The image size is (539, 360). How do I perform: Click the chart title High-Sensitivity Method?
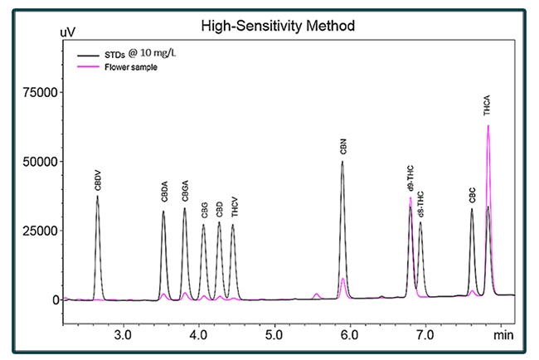click(279, 26)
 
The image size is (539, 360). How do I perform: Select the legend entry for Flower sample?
click(131, 67)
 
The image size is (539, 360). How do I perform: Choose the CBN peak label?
click(342, 148)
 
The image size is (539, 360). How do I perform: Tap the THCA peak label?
click(488, 105)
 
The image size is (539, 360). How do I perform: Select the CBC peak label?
click(472, 197)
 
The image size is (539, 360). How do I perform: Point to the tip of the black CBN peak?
click(342, 161)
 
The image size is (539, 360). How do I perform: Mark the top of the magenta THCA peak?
click(488, 125)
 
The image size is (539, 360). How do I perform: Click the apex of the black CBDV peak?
click(97, 197)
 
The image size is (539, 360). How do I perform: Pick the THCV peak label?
click(234, 207)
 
